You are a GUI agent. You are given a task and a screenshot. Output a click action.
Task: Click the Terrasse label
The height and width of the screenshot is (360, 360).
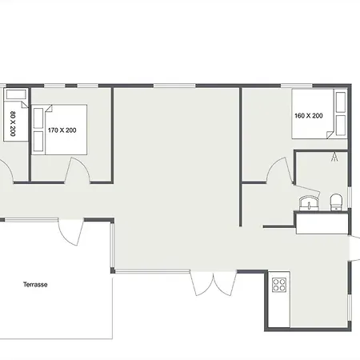pyautogui.click(x=35, y=285)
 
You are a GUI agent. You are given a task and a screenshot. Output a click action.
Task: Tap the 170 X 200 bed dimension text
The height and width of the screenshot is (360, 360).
pyautogui.click(x=62, y=130)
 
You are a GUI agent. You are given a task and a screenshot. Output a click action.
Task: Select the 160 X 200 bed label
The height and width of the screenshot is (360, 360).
pyautogui.click(x=309, y=116)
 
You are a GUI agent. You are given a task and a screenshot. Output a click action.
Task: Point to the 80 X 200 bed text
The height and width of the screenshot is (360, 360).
pyautogui.click(x=13, y=124)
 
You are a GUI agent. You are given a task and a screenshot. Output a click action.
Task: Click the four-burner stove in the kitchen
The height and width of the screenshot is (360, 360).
pyautogui.click(x=279, y=285)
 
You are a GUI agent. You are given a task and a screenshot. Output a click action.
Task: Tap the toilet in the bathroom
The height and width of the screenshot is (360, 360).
pyautogui.click(x=336, y=202)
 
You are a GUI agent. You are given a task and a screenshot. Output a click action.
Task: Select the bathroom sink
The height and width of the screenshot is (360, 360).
pyautogui.click(x=309, y=203)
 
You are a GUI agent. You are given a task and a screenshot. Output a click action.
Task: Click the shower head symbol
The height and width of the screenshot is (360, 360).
pyautogui.click(x=334, y=157)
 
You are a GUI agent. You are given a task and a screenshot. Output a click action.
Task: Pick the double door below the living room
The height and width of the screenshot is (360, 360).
pyautogui.click(x=214, y=283)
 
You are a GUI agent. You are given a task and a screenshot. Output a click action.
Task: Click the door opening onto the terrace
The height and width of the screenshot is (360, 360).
pyautogui.click(x=70, y=232)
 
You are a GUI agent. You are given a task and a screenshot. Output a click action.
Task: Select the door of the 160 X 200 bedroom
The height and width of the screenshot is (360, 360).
pyautogui.click(x=280, y=170)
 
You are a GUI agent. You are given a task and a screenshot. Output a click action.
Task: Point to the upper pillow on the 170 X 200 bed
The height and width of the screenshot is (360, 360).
pyautogui.click(x=38, y=118)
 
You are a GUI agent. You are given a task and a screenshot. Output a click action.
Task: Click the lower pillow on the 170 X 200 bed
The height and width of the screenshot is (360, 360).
pyautogui.click(x=38, y=142)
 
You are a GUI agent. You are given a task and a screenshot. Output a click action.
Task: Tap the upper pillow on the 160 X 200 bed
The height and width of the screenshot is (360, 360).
pyautogui.click(x=341, y=102)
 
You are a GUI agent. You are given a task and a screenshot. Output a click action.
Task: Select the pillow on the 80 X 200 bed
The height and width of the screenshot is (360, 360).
pyautogui.click(x=16, y=94)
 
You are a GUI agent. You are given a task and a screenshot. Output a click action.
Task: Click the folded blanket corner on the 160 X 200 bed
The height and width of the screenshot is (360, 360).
pyautogui.click(x=330, y=135)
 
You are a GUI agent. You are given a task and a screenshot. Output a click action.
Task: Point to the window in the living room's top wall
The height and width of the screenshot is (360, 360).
pyautogui.click(x=174, y=86)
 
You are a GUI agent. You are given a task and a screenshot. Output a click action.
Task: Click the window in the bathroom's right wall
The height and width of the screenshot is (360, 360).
pyautogui.click(x=350, y=198)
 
